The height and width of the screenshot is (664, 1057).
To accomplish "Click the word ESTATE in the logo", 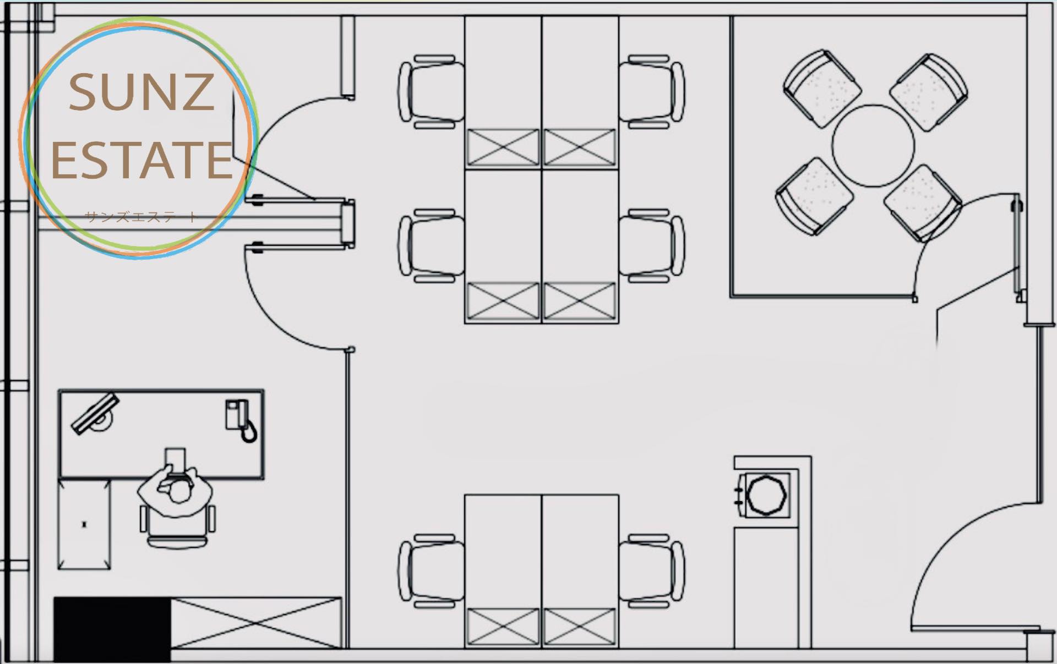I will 142,160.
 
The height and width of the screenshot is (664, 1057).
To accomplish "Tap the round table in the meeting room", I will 873,146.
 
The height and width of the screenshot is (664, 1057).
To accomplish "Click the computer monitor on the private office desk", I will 95,414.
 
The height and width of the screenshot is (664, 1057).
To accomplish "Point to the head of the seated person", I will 178,492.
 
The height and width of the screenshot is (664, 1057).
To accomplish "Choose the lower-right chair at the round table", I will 922,204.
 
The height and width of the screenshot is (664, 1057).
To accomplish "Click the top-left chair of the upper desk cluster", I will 432,92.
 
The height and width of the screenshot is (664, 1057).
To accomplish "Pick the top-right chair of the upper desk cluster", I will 651,92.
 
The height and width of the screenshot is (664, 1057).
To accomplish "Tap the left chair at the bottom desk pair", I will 432,570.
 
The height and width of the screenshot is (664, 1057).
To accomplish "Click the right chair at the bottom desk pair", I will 651,570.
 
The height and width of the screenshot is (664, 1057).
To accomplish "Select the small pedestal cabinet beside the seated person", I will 84,524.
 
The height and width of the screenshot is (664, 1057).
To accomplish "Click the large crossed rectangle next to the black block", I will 256,623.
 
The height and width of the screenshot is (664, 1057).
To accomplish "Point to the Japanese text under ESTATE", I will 141,216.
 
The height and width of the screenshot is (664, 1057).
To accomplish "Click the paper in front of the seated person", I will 175,460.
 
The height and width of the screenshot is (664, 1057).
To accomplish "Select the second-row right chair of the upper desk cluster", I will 651,245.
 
